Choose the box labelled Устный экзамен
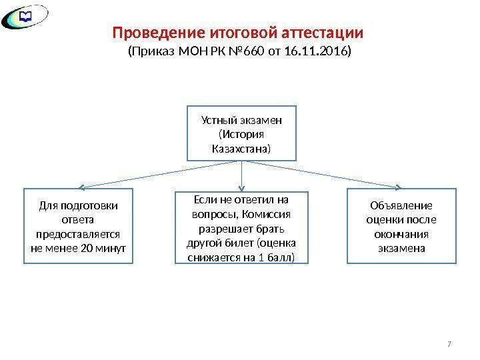241,133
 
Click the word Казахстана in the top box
241,147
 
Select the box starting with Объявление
399,227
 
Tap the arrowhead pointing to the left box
79,187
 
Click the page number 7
449,343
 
